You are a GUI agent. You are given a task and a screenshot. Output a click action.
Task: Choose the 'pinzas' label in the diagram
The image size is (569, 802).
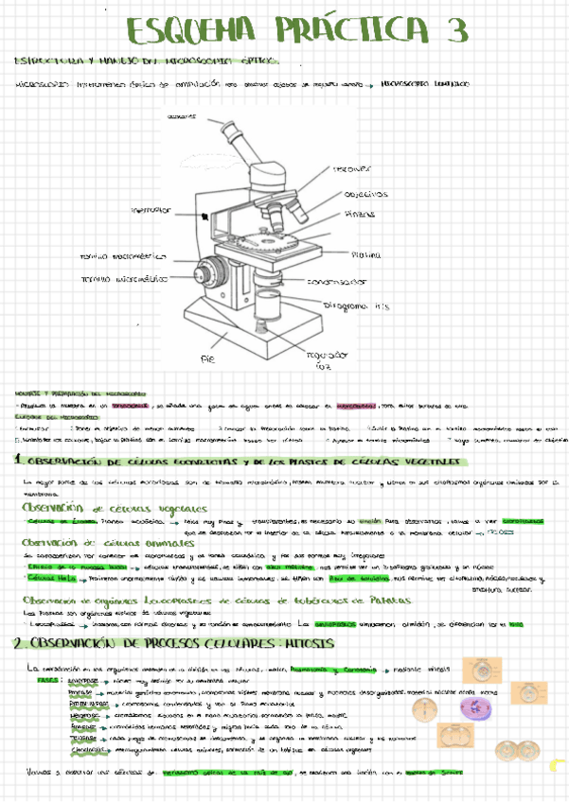(x=360, y=214)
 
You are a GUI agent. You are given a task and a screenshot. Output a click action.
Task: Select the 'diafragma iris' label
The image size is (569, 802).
(x=358, y=305)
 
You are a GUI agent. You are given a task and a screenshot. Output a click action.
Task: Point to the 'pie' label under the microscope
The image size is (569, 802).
(x=208, y=360)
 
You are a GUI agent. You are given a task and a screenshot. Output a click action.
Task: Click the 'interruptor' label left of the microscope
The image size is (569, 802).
(x=151, y=209)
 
